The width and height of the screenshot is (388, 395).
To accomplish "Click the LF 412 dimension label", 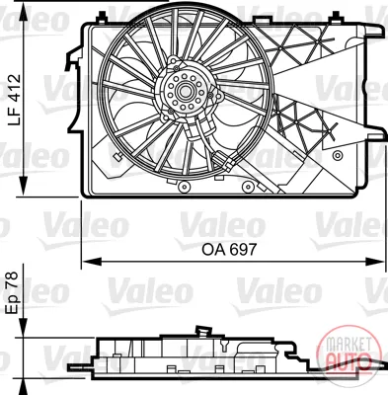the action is [x=14, y=100].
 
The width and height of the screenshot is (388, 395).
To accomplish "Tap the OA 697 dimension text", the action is [x=228, y=250].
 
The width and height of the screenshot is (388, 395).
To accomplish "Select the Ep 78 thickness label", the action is [x=14, y=292].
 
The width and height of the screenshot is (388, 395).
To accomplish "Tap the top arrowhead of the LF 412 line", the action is [x=23, y=13].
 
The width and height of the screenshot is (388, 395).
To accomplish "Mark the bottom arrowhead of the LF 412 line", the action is [x=23, y=186].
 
